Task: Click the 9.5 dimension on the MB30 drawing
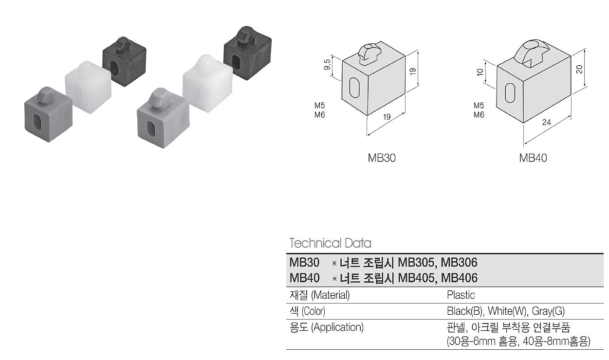(x=328, y=65)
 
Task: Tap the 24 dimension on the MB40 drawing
(x=546, y=123)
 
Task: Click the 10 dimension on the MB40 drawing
(x=480, y=73)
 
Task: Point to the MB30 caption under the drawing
(x=382, y=158)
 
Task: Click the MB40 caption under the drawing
(x=533, y=158)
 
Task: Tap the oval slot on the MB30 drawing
(x=354, y=88)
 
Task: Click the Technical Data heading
(x=330, y=243)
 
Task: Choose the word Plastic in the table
(x=461, y=295)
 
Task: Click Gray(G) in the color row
(x=548, y=311)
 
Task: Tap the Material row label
(x=320, y=295)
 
